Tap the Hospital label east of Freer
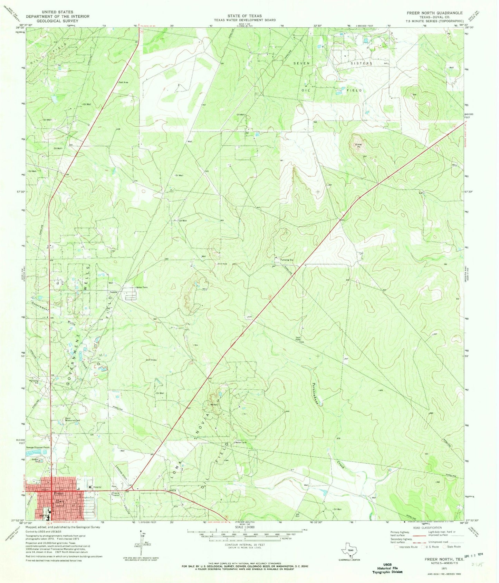[97, 487]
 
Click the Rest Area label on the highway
[124, 82]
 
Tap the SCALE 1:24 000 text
[244, 527]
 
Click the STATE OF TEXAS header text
[244, 16]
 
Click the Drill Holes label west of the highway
[151, 360]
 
